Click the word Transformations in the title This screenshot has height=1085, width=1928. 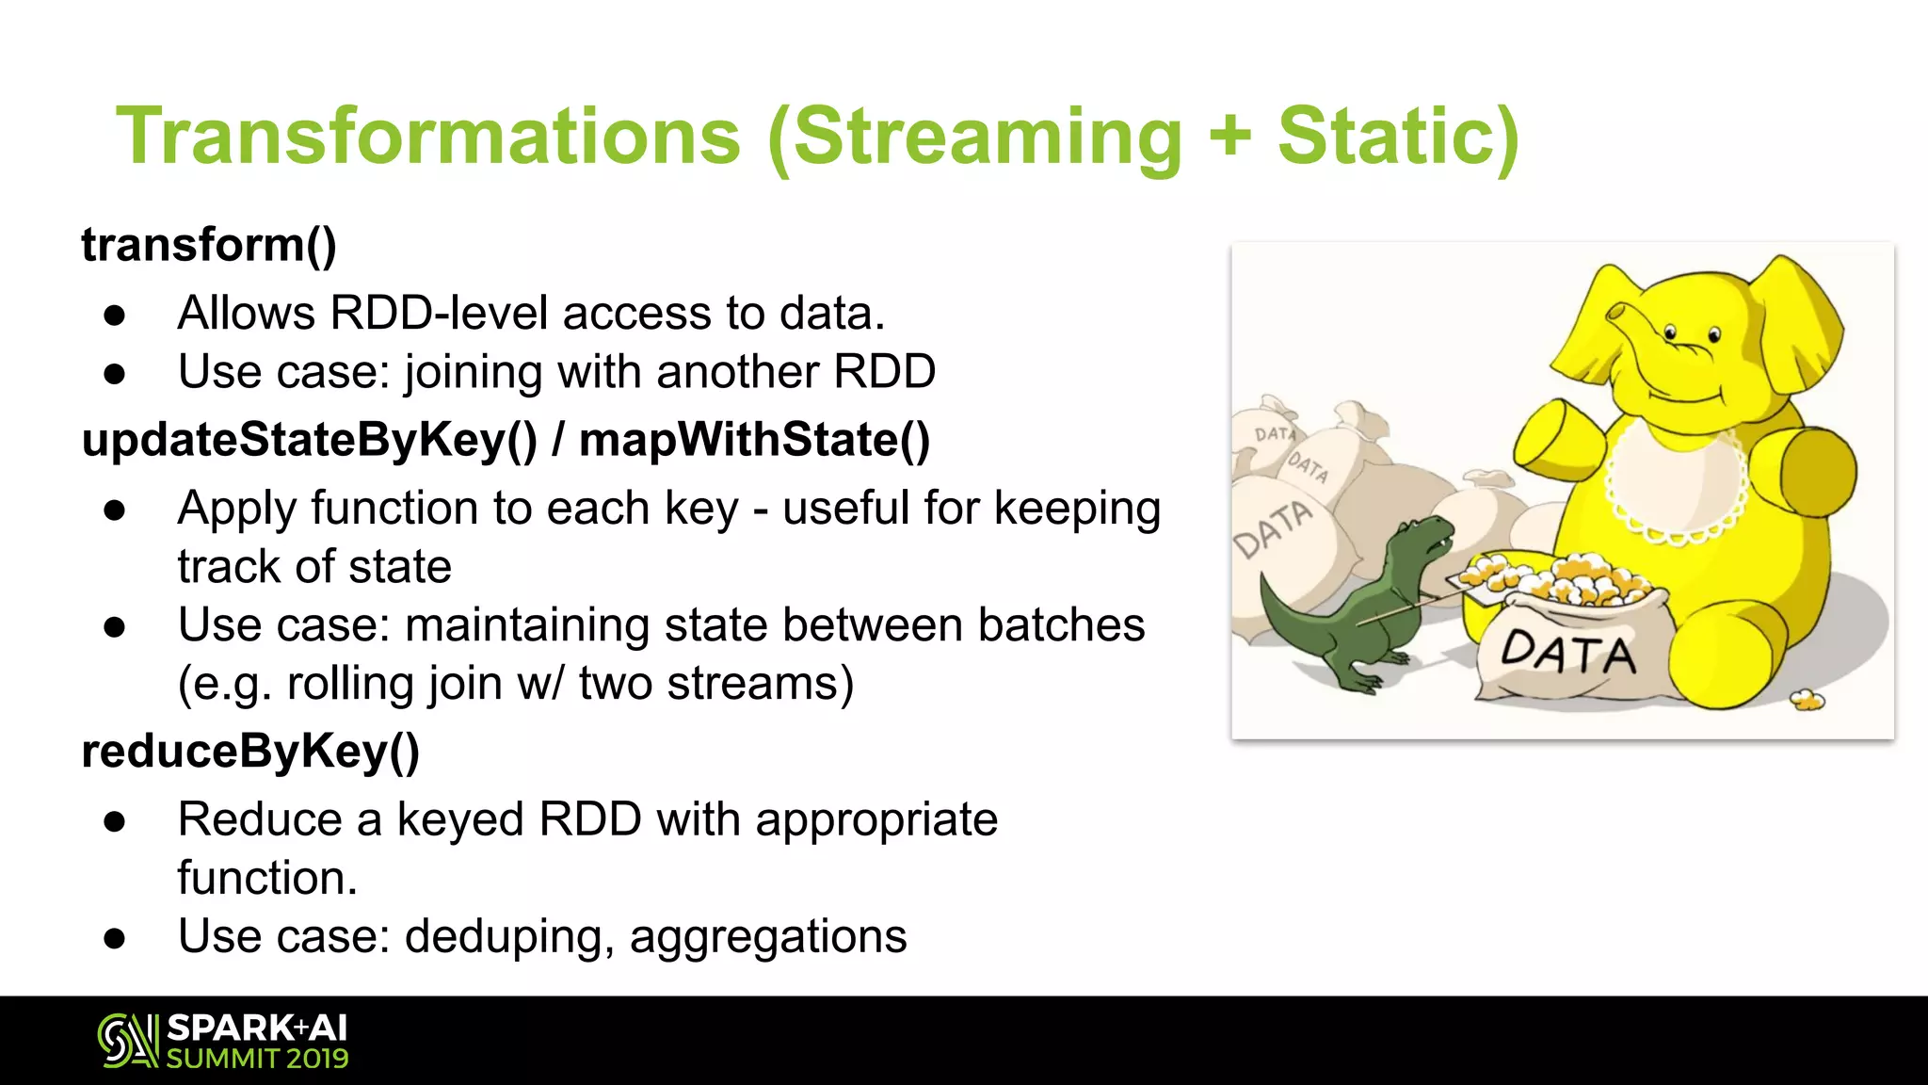[x=428, y=137]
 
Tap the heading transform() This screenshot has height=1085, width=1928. [x=208, y=245]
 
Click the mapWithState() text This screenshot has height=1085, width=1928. [x=754, y=440]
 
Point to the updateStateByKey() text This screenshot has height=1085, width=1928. [x=310, y=440]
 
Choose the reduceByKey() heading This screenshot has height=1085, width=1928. [x=250, y=752]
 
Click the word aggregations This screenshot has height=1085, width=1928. [x=768, y=936]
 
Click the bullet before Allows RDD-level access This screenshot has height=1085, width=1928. [x=115, y=316]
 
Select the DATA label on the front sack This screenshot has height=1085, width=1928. [x=1567, y=653]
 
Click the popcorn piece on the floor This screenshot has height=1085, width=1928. [x=1807, y=700]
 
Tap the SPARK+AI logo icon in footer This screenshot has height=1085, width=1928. [x=128, y=1041]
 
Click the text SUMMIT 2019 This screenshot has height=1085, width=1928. [x=257, y=1059]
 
